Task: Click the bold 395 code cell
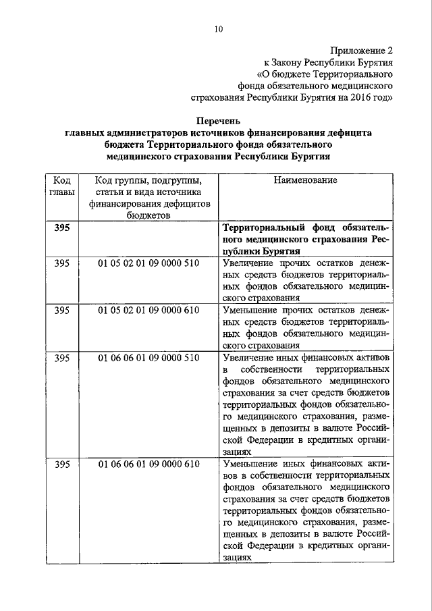click(x=61, y=228)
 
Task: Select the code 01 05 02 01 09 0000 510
click(x=148, y=263)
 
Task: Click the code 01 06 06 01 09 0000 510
click(x=148, y=357)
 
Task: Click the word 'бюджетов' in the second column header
click(x=148, y=215)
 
